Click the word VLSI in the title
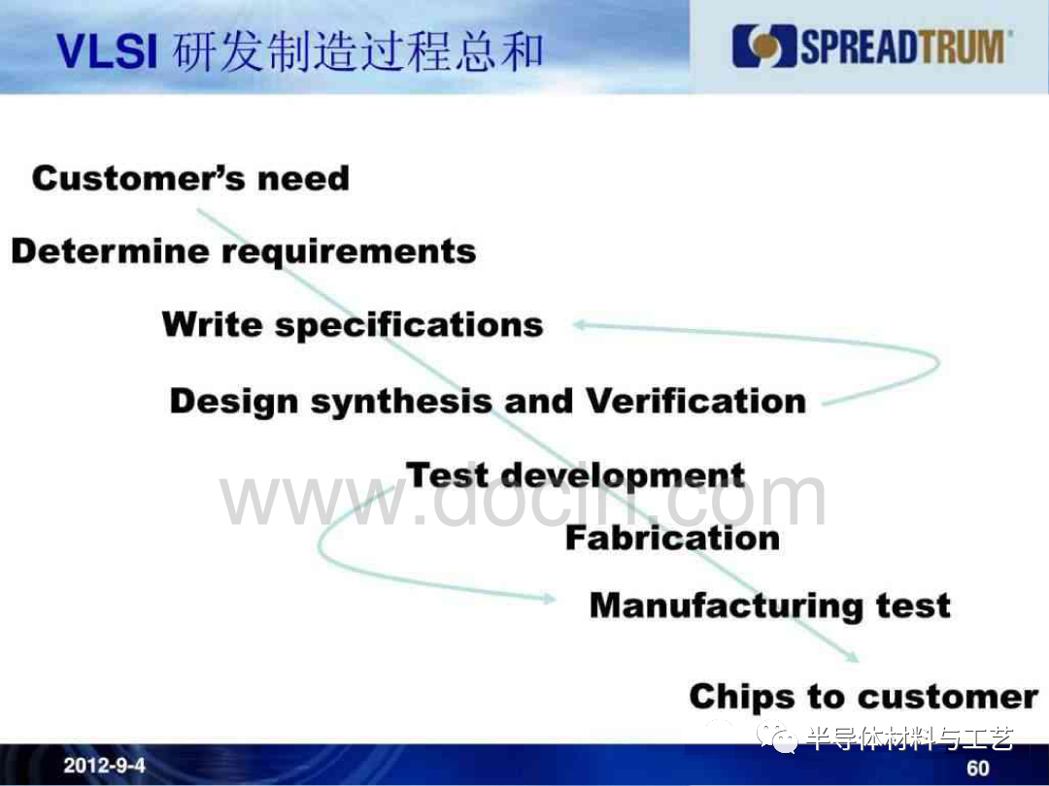point(107,51)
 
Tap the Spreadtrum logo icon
point(764,47)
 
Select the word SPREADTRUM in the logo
point(902,47)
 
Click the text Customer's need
point(190,179)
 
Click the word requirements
point(349,252)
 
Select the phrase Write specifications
point(353,325)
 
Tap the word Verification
point(695,401)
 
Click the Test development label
point(575,475)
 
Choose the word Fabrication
point(672,538)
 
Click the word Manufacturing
point(727,606)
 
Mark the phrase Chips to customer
point(863,697)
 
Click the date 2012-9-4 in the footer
point(104,765)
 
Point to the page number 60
point(977,769)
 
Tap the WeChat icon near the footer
point(776,737)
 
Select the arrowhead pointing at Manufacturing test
point(549,598)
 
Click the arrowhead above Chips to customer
point(851,656)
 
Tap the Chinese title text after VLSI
point(357,51)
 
